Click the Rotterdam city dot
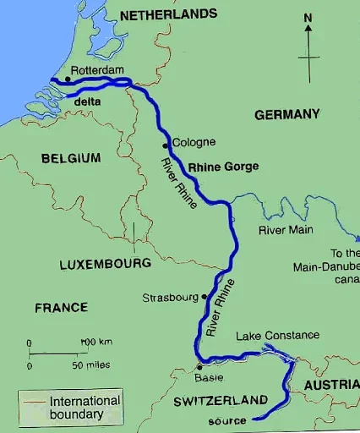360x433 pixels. point(68,80)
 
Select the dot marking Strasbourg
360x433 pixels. point(204,297)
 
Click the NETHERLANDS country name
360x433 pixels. point(169,14)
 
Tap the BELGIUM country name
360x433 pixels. point(70,158)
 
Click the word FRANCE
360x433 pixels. point(61,308)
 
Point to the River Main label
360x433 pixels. point(285,229)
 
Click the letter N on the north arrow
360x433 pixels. point(308,18)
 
